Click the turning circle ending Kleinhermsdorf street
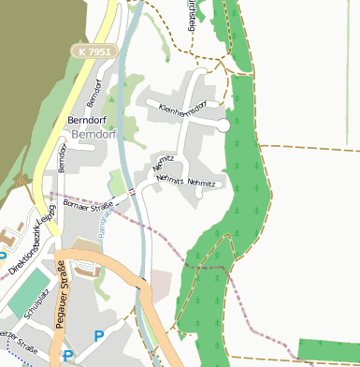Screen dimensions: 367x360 click(x=223, y=125)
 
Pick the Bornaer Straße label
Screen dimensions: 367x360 click(x=88, y=206)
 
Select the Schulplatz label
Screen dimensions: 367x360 click(x=36, y=314)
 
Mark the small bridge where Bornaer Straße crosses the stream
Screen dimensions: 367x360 click(x=134, y=192)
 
